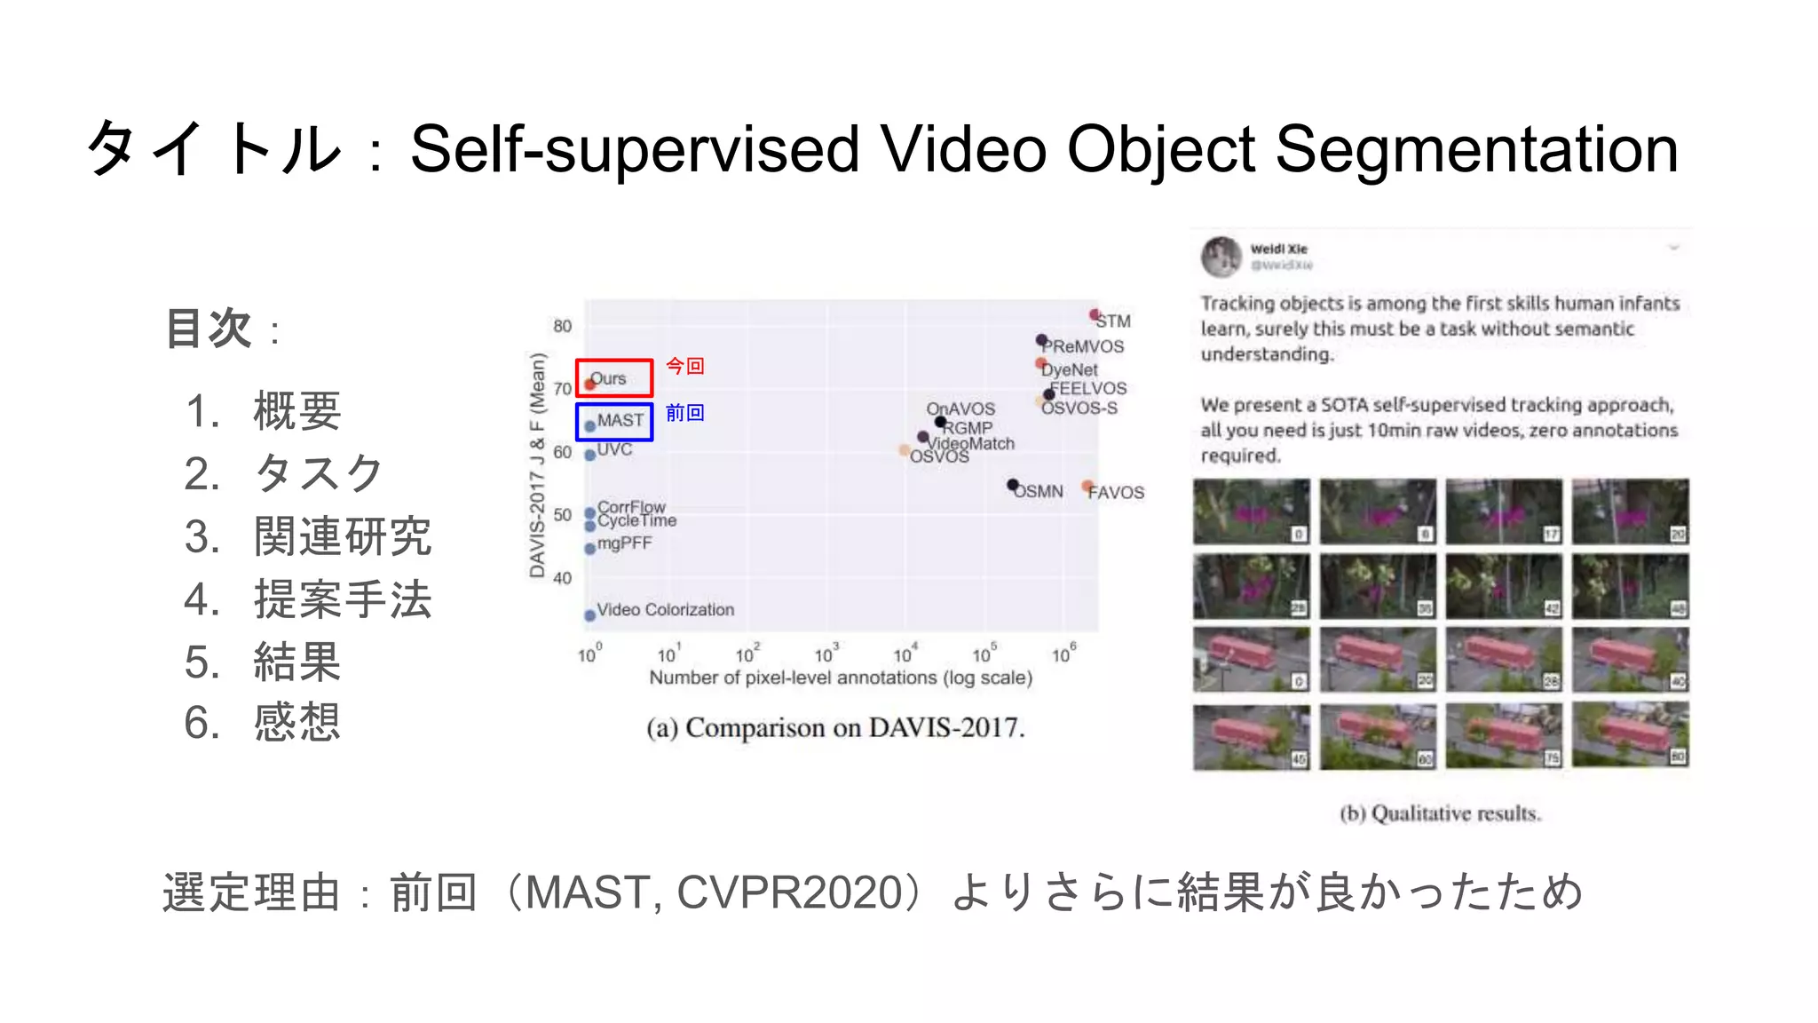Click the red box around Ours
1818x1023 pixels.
614,361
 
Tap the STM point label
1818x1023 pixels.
1113,321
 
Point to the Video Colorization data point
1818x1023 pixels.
589,615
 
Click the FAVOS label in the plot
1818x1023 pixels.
1117,493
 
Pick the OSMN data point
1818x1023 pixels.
1012,485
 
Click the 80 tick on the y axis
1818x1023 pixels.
562,326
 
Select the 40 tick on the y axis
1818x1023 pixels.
562,578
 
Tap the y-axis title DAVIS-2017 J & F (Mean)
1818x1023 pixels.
537,464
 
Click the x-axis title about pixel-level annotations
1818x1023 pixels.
841,678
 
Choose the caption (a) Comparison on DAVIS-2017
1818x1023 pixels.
835,728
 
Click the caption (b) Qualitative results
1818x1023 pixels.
1440,813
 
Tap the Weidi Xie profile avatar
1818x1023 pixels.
1221,257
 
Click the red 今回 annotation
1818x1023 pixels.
684,366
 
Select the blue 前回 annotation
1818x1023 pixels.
684,413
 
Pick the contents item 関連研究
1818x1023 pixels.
343,536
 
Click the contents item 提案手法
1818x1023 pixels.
343,599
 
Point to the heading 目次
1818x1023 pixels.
209,329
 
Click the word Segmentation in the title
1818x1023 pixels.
1476,149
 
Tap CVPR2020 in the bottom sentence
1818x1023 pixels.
790,892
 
